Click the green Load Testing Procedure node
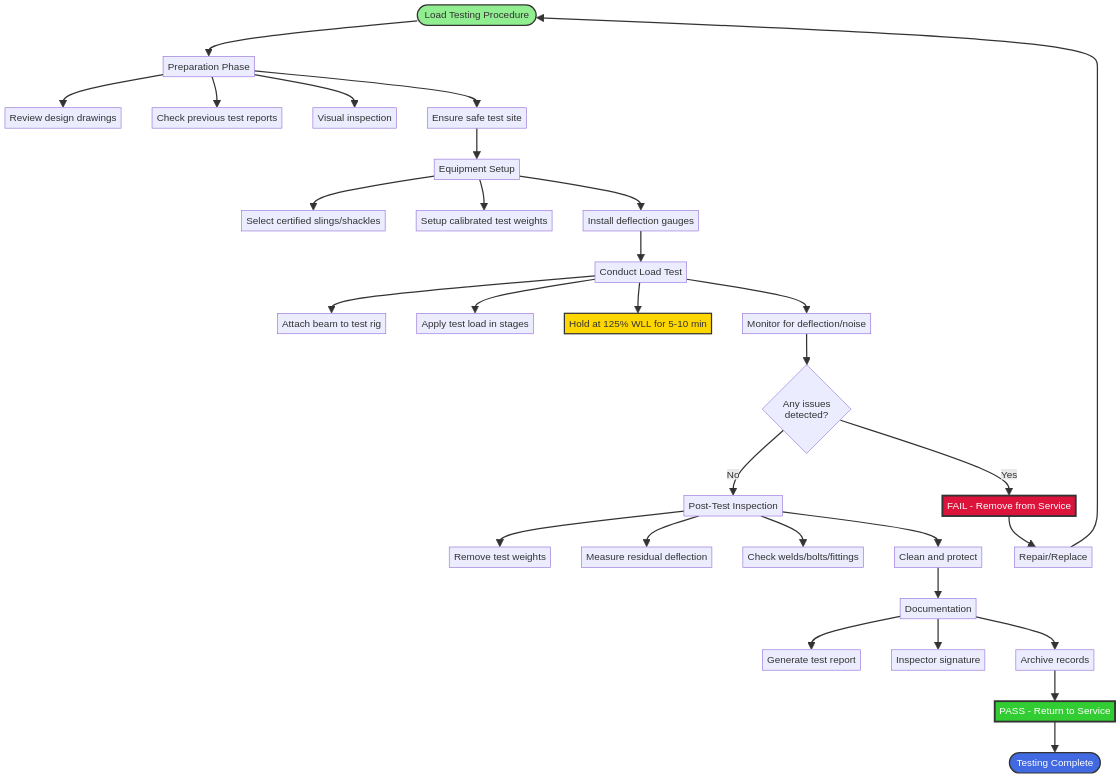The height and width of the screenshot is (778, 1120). pos(476,15)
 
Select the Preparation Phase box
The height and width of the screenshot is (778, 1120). pos(208,67)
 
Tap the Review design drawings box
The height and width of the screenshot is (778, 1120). pos(63,118)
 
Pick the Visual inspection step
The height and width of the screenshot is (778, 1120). pos(354,118)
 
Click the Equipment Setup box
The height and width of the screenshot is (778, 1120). pos(476,169)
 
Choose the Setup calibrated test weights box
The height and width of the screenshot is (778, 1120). pos(484,221)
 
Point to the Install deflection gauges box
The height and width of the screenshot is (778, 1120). pos(640,221)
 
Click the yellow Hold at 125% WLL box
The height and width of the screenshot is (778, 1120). pos(637,324)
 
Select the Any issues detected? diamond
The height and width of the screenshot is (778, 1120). pos(806,409)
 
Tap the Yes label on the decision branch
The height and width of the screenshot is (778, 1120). pos(1009,475)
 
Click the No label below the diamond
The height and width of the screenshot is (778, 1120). pos(733,475)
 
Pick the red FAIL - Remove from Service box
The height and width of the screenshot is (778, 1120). pos(1008,506)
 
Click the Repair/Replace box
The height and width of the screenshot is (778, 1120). pos(1052,557)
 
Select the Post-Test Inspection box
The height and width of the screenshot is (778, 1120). pos(732,506)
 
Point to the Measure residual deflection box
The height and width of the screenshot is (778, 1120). pos(646,557)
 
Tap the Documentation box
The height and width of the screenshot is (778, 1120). pos(937,609)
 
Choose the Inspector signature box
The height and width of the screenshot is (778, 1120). pos(937,660)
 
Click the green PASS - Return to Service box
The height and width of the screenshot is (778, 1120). pos(1054,711)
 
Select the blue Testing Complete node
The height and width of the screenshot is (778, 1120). pos(1054,763)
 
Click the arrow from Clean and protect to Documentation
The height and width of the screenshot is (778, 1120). pos(938,583)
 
